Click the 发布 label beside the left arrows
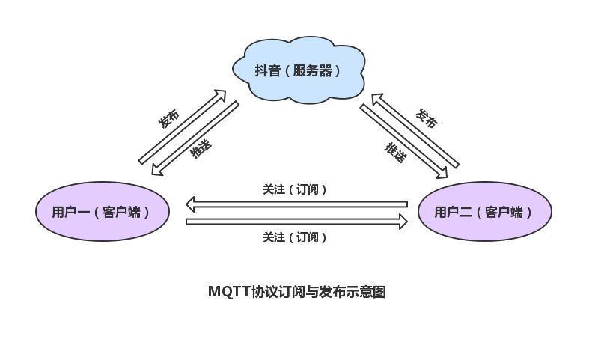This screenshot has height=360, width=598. tap(169, 118)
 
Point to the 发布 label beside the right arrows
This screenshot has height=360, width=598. tap(426, 118)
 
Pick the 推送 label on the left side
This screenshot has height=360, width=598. tap(201, 149)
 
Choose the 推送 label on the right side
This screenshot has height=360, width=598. tap(395, 153)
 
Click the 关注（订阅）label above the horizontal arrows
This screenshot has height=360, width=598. tap(295, 189)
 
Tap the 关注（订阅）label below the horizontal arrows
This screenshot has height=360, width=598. tap(295, 237)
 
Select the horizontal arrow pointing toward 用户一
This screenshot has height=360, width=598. tap(296, 204)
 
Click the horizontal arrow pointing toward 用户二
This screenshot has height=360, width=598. tap(296, 221)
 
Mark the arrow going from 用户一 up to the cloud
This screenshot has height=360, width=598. tap(183, 126)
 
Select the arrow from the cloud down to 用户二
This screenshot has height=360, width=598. tap(403, 141)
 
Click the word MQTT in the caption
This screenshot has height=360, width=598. tap(228, 292)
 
